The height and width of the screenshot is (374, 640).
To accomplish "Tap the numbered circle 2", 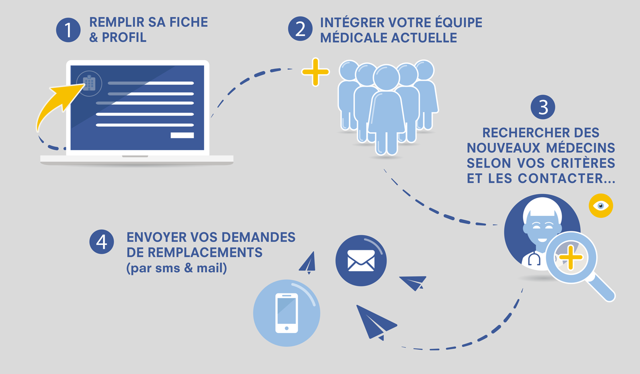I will pyautogui.click(x=300, y=30).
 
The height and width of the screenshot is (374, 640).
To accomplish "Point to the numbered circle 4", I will pyautogui.click(x=102, y=242).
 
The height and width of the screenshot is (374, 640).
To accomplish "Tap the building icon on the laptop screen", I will pyautogui.click(x=89, y=83).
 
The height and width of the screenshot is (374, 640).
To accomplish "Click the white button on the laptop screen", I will pyautogui.click(x=181, y=135).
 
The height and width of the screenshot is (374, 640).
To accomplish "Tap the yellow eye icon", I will pyautogui.click(x=600, y=205).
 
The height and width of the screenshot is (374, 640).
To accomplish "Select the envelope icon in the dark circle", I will pyautogui.click(x=361, y=260).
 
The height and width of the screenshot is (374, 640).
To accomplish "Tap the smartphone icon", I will pyautogui.click(x=286, y=313).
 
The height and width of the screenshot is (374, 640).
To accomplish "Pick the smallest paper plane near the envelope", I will pyautogui.click(x=308, y=263).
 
